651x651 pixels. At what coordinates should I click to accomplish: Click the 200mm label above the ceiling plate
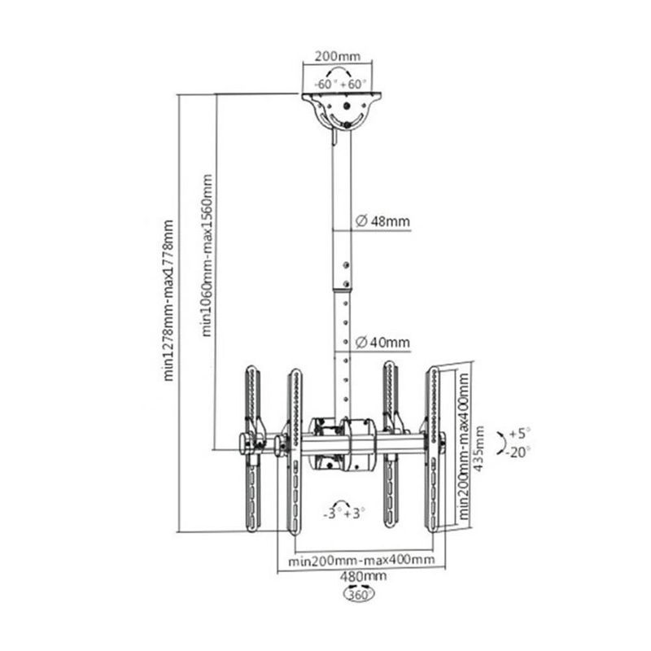(x=337, y=56)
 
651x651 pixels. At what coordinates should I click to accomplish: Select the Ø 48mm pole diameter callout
(x=382, y=221)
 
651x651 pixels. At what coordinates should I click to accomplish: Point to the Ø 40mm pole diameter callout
(x=382, y=343)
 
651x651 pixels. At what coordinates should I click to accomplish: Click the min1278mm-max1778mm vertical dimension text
(x=168, y=300)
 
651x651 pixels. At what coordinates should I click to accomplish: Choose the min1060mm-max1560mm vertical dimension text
(x=207, y=255)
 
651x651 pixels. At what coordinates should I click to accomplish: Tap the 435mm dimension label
(x=478, y=448)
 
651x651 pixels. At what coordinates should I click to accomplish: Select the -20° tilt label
(x=518, y=452)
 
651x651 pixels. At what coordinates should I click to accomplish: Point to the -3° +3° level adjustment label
(x=344, y=513)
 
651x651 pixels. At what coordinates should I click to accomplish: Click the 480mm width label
(x=363, y=577)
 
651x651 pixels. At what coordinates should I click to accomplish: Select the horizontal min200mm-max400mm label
(x=361, y=561)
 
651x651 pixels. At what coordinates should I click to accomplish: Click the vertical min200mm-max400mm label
(x=463, y=446)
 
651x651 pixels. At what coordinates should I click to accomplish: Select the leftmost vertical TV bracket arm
(x=252, y=448)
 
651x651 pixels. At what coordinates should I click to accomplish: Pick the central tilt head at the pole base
(x=342, y=443)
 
